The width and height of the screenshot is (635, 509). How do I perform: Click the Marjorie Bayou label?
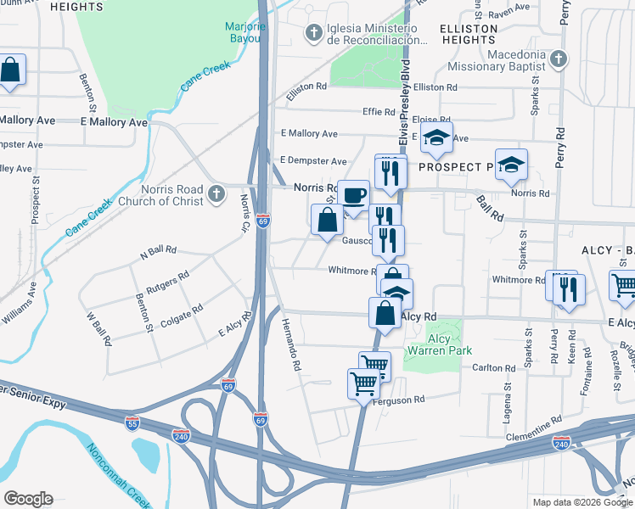pyautogui.click(x=246, y=31)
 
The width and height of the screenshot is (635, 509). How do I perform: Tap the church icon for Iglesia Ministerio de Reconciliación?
pyautogui.click(x=312, y=33)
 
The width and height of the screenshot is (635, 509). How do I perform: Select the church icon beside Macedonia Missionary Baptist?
pyautogui.click(x=557, y=59)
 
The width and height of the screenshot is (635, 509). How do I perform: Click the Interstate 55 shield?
pyautogui.click(x=132, y=422)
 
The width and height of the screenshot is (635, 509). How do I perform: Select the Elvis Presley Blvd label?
pyautogui.click(x=405, y=102)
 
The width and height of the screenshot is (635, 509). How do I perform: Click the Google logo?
pyautogui.click(x=28, y=499)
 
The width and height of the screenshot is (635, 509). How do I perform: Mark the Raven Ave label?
pyautogui.click(x=509, y=11)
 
